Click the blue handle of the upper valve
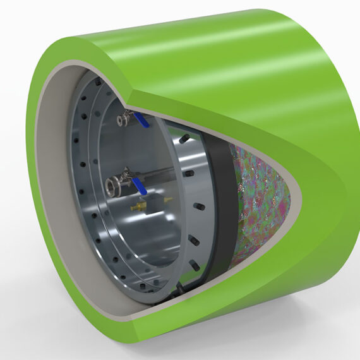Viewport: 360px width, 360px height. click(x=143, y=121)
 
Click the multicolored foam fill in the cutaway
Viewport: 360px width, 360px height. click(x=262, y=196)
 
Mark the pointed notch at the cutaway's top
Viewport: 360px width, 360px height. click(x=130, y=102)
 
